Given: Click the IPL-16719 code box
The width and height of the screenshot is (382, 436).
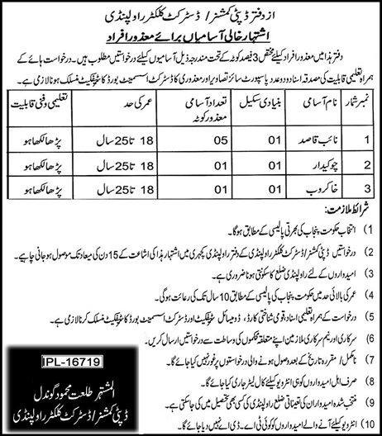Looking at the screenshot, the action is click(63, 339).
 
